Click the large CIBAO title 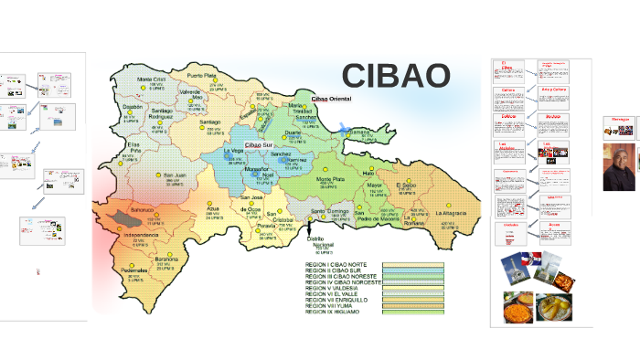(x=396, y=76)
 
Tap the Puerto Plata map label (x=202, y=75)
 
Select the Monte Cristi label (x=152, y=79)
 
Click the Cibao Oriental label (x=331, y=98)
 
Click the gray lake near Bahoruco (x=122, y=219)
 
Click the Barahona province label (x=166, y=259)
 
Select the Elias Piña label (x=133, y=147)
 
